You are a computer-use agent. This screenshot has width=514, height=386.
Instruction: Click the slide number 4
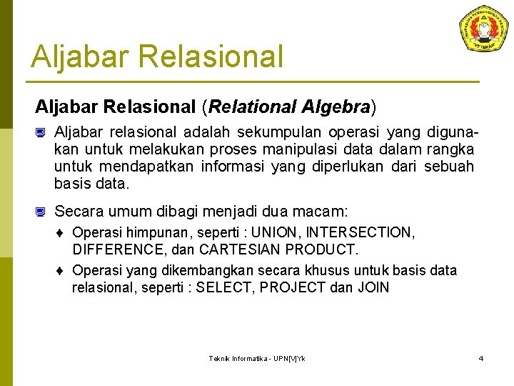click(x=480, y=358)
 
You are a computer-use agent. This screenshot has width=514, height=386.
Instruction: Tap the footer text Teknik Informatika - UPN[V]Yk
click(x=257, y=358)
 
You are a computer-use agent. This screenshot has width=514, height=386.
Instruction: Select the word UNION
click(x=281, y=233)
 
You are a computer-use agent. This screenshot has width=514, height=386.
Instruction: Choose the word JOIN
click(x=376, y=288)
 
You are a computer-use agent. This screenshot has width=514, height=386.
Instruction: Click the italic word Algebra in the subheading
click(x=334, y=107)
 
